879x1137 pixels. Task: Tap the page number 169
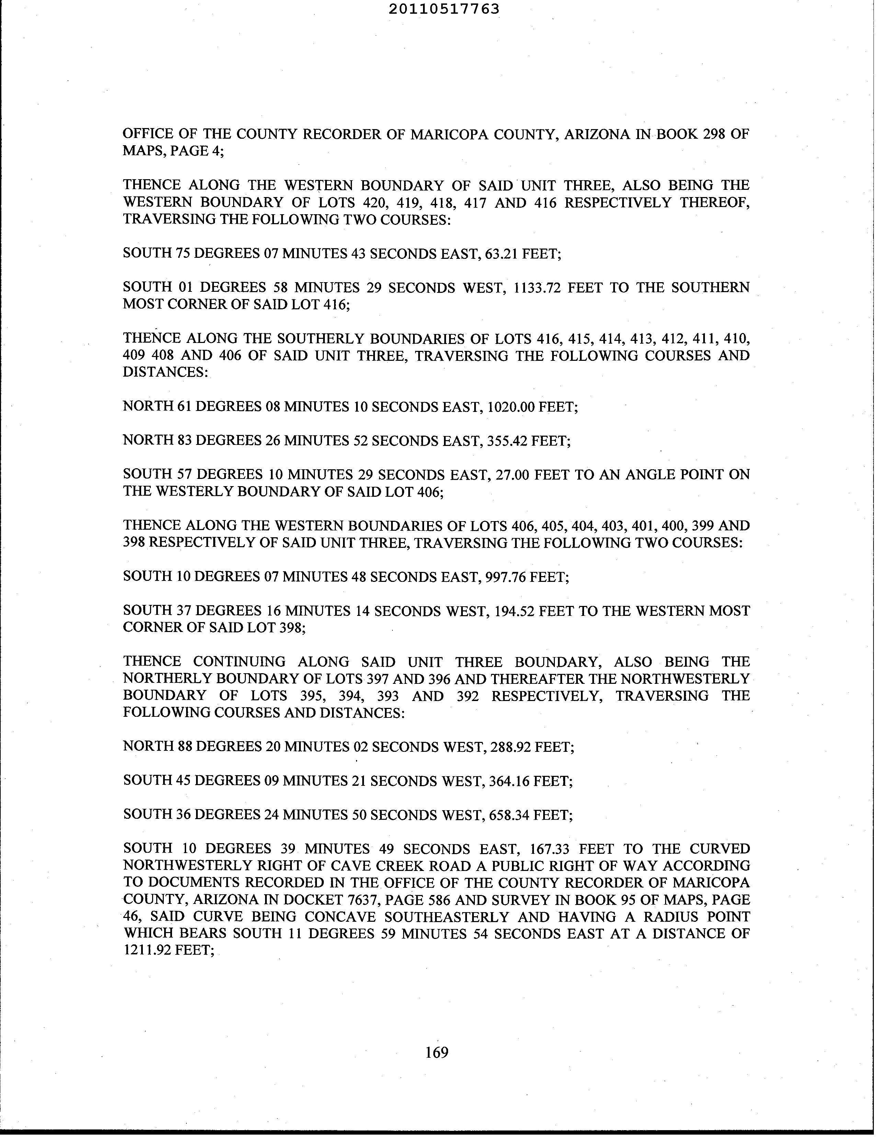tap(436, 1052)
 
